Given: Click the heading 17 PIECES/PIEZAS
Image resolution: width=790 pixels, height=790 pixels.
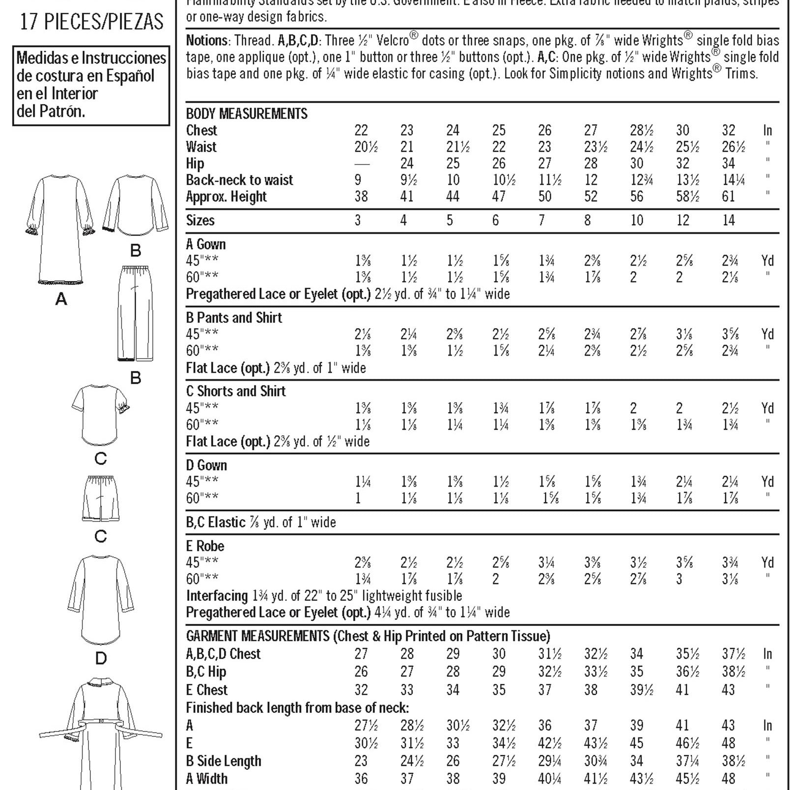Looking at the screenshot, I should (x=91, y=22).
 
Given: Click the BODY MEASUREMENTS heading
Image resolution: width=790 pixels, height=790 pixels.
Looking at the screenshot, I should (x=247, y=114).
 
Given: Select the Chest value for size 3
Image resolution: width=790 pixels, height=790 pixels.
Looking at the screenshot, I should (x=361, y=131).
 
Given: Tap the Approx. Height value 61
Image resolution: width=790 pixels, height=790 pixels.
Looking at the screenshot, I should (x=728, y=197).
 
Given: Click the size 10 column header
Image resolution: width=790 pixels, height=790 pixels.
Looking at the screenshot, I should (x=637, y=220).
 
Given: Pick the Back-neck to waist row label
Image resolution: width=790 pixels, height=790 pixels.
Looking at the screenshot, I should (x=239, y=180).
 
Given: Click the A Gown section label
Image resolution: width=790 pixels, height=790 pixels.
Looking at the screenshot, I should (x=206, y=244).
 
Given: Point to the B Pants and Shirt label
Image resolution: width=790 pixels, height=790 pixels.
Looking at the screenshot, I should (x=234, y=318).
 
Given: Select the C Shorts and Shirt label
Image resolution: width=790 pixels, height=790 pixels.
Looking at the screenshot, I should (x=236, y=391).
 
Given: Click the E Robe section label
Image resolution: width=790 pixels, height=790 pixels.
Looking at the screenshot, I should (x=205, y=546).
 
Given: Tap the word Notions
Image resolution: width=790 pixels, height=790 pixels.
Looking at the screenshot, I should (x=207, y=40).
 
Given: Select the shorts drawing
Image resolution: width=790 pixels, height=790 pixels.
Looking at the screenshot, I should (x=101, y=498).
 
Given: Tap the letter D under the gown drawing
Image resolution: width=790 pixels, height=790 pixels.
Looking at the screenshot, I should (x=101, y=658).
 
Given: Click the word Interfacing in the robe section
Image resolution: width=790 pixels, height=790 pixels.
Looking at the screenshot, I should (x=217, y=596).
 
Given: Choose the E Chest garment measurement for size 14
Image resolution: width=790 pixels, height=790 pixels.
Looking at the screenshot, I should (x=728, y=690).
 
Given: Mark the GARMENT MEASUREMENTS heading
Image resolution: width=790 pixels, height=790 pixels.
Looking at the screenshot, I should (x=257, y=636).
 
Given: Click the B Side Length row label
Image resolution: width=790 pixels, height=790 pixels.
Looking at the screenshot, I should (x=224, y=761).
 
